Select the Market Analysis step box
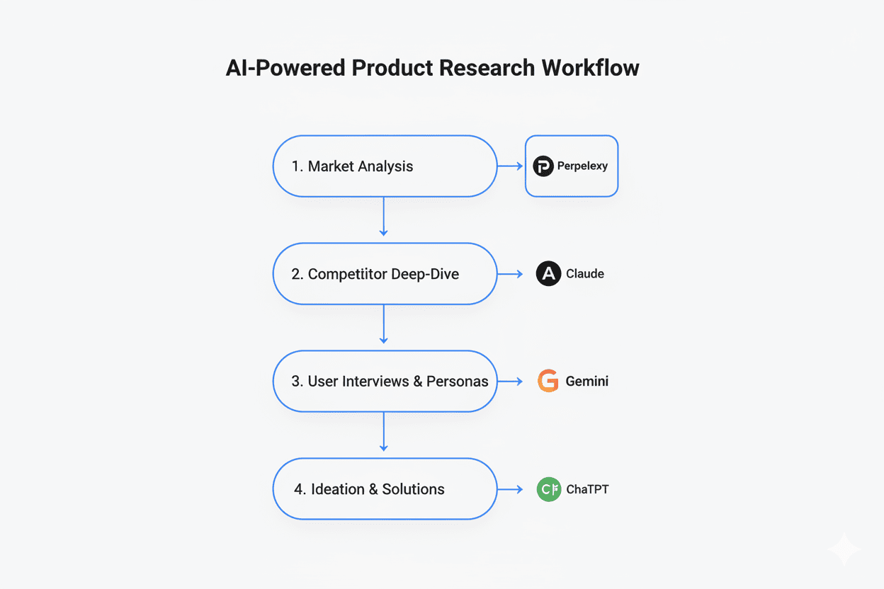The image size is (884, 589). tap(385, 166)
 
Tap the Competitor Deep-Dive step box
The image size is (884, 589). tap(385, 274)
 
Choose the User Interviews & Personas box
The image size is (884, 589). tap(385, 382)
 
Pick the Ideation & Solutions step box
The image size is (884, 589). tap(385, 489)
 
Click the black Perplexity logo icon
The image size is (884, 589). tap(543, 166)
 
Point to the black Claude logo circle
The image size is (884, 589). tap(548, 274)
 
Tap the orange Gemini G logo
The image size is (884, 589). tap(548, 381)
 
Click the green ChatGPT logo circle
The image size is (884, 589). tap(548, 489)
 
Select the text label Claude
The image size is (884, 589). tap(585, 274)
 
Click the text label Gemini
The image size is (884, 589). tap(586, 382)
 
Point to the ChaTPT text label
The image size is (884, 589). tap(587, 489)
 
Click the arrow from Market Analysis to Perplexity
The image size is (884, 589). tap(510, 166)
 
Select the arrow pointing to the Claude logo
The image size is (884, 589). tap(510, 274)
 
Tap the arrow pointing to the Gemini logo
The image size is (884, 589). tap(510, 382)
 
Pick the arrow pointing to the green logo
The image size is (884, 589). tap(510, 489)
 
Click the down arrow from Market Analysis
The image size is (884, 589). tap(383, 216)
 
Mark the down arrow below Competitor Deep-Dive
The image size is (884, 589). tap(383, 324)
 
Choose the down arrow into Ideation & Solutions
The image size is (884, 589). tap(383, 431)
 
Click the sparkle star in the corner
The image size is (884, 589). tap(844, 550)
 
